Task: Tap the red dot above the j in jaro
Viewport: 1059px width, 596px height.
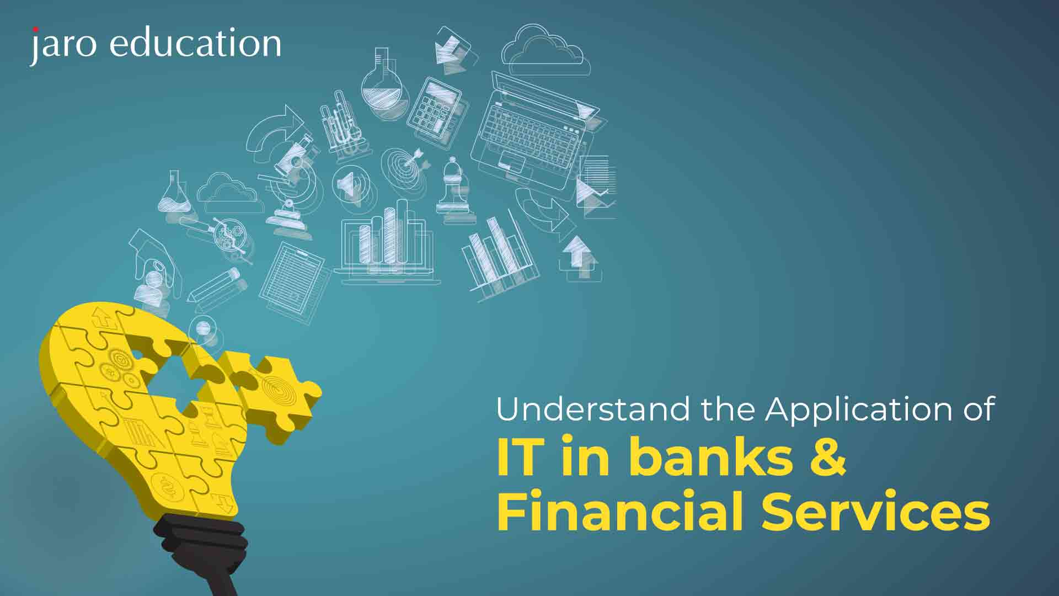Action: (x=35, y=29)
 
